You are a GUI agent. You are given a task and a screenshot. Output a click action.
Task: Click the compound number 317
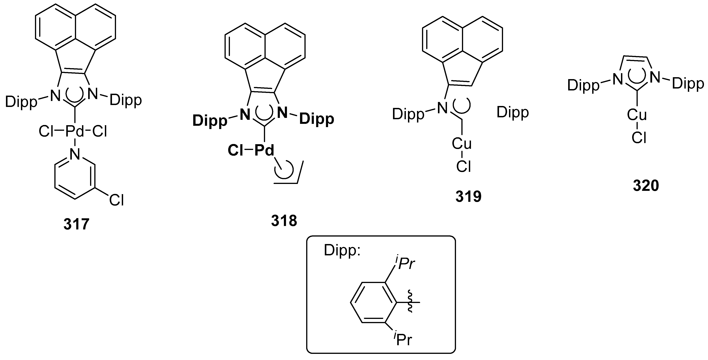click(x=76, y=224)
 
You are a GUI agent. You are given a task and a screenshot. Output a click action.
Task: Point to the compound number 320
click(x=646, y=186)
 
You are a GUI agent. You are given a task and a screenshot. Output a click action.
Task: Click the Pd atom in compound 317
click(x=75, y=131)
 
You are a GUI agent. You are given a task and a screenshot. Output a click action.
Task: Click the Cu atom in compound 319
click(x=462, y=144)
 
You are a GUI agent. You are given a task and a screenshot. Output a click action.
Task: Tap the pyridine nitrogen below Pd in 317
click(x=75, y=154)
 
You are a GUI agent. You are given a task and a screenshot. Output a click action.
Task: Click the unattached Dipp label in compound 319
click(x=513, y=113)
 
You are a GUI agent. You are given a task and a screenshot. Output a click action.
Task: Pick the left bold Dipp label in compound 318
click(x=210, y=121)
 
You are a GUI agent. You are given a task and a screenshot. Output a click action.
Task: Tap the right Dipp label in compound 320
click(x=688, y=84)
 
